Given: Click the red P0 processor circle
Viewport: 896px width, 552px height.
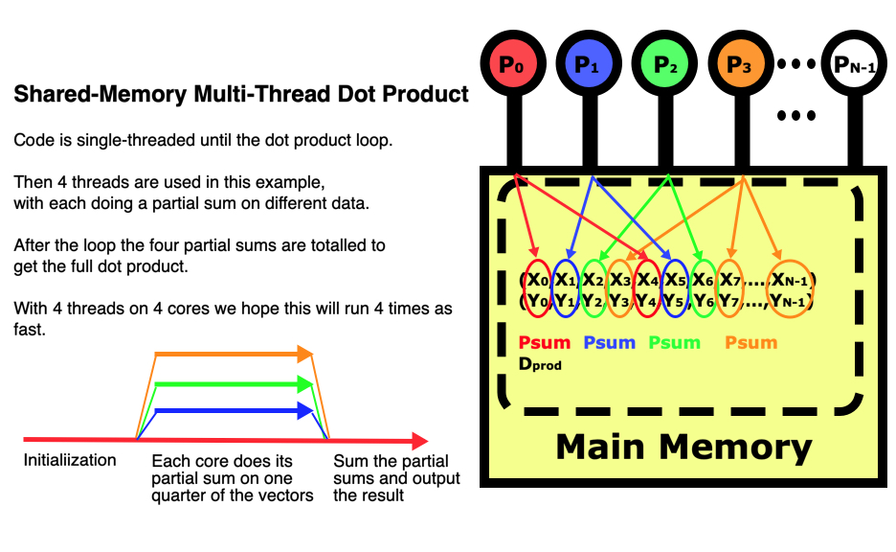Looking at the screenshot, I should pyautogui.click(x=513, y=64).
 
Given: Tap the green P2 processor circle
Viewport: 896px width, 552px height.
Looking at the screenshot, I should pyautogui.click(x=664, y=64).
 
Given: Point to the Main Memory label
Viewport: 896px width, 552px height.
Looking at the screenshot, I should pyautogui.click(x=683, y=447).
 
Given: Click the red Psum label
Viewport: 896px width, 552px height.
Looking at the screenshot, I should pyautogui.click(x=544, y=342).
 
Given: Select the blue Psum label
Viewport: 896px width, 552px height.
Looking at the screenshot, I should pyautogui.click(x=609, y=342).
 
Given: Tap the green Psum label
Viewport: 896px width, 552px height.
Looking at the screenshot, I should pyautogui.click(x=675, y=342).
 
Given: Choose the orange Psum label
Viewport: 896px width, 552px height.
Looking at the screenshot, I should pyautogui.click(x=750, y=342).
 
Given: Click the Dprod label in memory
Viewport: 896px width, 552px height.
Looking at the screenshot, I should pyautogui.click(x=540, y=364).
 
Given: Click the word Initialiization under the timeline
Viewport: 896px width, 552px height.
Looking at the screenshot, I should pyautogui.click(x=70, y=460).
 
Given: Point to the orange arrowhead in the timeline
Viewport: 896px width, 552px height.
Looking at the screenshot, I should pyautogui.click(x=306, y=355).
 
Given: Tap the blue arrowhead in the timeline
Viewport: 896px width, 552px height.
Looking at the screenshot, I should pyautogui.click(x=306, y=411).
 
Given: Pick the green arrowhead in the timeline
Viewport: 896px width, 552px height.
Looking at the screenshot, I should pyautogui.click(x=306, y=385).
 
